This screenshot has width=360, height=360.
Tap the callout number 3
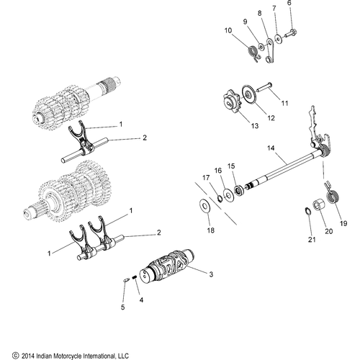(x=210, y=274)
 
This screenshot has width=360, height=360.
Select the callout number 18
(x=210, y=230)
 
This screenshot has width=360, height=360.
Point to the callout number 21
(x=311, y=239)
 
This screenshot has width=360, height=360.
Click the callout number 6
(x=290, y=4)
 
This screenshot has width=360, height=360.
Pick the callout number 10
(x=228, y=30)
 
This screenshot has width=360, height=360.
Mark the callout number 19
(x=343, y=224)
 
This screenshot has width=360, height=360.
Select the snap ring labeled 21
(x=305, y=211)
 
